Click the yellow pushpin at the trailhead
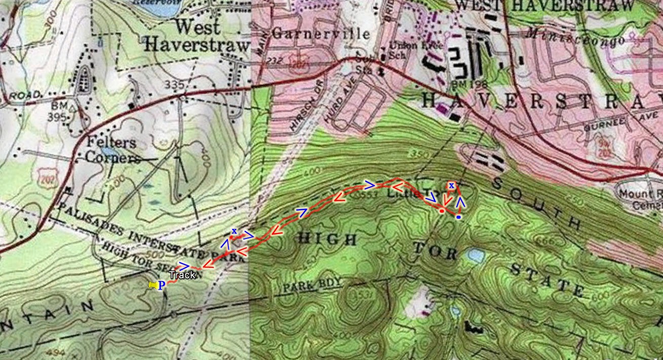(152, 286)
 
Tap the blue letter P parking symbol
(162, 286)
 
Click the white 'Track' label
(182, 275)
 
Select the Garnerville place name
(321, 34)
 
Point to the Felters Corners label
(111, 150)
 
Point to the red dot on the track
(442, 210)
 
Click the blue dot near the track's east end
(458, 217)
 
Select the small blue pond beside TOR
(476, 256)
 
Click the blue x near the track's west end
(234, 231)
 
